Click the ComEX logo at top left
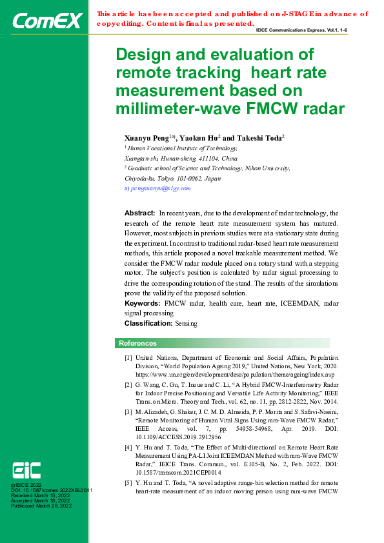[x=47, y=22]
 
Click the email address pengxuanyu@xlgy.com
[x=161, y=188]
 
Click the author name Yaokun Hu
[x=198, y=138]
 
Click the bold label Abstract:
[x=139, y=213]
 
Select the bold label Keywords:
[x=142, y=302]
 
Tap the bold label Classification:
[x=148, y=323]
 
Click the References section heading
[x=137, y=343]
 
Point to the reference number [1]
[x=128, y=357]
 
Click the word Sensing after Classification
[x=186, y=323]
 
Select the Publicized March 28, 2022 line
[x=41, y=506]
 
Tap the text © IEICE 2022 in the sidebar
[x=26, y=484]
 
